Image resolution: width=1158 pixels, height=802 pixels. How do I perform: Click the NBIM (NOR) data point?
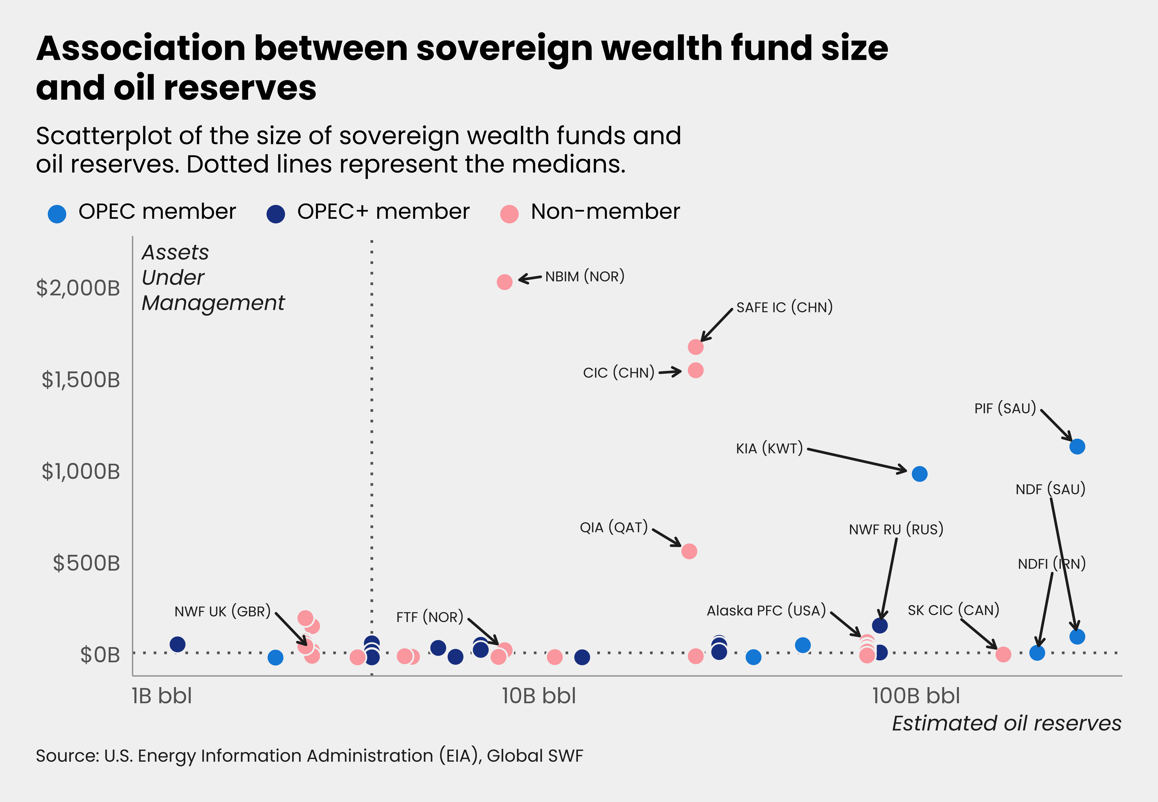tap(504, 282)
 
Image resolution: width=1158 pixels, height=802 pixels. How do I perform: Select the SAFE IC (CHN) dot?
tap(695, 347)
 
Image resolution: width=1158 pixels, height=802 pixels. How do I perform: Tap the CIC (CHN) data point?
tap(695, 370)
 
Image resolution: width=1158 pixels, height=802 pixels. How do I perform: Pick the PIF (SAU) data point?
tap(1077, 446)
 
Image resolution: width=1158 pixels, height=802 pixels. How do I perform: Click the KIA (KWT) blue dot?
tap(919, 473)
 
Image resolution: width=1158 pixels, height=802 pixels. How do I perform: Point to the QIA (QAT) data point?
tap(689, 551)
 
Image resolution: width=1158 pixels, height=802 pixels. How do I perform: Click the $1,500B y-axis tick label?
tap(80, 380)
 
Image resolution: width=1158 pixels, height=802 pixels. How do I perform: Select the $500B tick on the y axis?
tap(86, 563)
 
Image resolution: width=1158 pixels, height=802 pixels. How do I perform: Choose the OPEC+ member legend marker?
tap(276, 214)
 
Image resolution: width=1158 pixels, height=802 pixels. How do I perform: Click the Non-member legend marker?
tap(509, 214)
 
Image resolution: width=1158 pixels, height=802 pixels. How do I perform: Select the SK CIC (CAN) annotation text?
tap(953, 610)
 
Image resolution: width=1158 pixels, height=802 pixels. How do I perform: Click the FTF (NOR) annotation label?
tap(429, 617)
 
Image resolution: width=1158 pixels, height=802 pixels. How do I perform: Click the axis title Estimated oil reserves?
tap(1006, 724)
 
